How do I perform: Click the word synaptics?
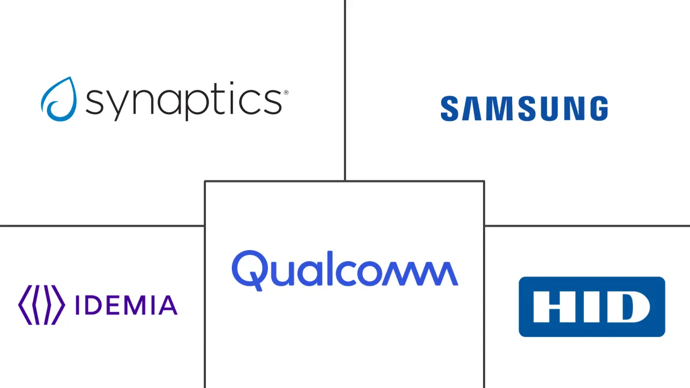[x=183, y=101]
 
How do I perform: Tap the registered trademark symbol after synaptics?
[x=286, y=93]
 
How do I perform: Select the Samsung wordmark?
[x=524, y=108]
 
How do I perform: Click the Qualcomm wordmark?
[x=345, y=269]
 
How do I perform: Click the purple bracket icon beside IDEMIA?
[x=42, y=305]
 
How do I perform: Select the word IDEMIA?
[x=126, y=305]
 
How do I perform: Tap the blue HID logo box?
[x=592, y=307]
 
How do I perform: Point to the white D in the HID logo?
[x=628, y=307]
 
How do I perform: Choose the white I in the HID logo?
[x=589, y=307]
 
